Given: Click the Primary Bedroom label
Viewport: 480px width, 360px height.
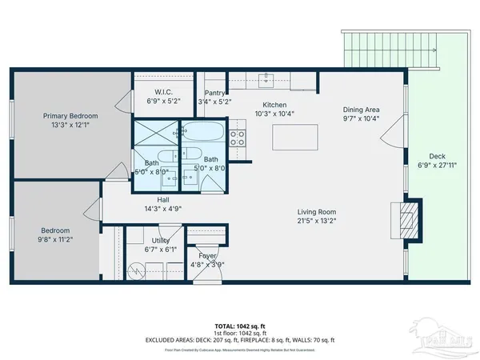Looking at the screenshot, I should [x=71, y=115].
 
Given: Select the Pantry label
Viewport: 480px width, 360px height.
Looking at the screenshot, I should [x=214, y=93].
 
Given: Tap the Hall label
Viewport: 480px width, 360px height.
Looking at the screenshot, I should [x=163, y=199].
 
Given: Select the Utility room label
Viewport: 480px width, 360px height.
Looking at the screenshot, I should [x=160, y=240].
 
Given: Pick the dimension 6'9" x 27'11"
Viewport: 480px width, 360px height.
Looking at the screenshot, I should [x=436, y=166].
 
